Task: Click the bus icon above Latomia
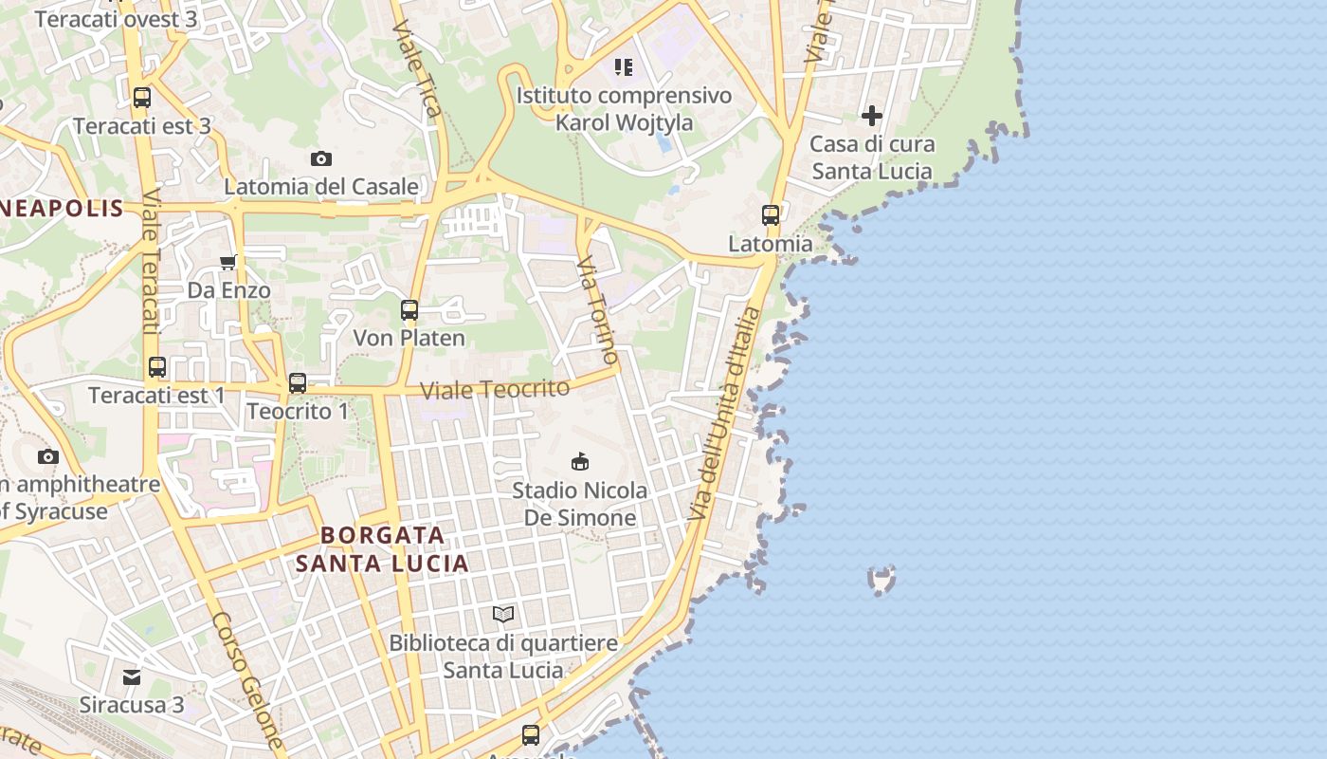tap(771, 215)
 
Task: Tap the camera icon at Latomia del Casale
tap(321, 158)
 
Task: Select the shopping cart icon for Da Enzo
tap(227, 263)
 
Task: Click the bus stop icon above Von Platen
tap(409, 309)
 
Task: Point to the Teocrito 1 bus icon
tap(298, 383)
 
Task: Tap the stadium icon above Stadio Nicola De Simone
tap(579, 462)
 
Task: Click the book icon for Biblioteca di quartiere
tap(503, 615)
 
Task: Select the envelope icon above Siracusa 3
tap(132, 677)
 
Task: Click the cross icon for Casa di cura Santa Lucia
tap(872, 116)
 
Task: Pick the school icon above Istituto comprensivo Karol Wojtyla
tap(623, 66)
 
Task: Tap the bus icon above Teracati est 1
tap(157, 367)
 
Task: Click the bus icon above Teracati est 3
tap(142, 97)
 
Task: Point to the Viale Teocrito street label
tap(495, 389)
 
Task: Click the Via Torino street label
tap(598, 309)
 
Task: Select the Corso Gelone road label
tap(248, 679)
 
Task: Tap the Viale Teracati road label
tap(150, 260)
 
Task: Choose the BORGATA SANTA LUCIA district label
tap(382, 549)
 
